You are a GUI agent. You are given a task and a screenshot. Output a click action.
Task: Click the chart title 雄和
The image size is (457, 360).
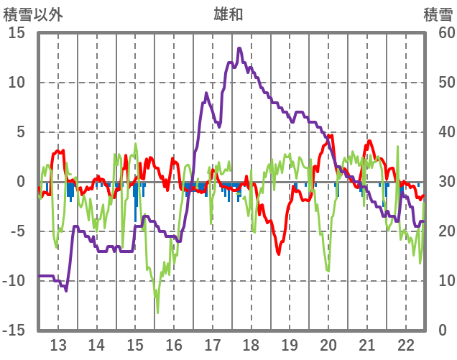(228, 13)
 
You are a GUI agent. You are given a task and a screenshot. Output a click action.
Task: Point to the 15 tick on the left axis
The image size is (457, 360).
(16, 33)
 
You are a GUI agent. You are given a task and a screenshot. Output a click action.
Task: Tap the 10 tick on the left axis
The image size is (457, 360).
(16, 83)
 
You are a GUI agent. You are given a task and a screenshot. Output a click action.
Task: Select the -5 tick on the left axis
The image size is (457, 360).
(16, 231)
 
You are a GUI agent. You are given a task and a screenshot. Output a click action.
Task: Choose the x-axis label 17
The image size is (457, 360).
(212, 343)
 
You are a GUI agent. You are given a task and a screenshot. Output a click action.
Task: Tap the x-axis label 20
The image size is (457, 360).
(328, 343)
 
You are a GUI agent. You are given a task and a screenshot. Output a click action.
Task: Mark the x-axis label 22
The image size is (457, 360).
(405, 343)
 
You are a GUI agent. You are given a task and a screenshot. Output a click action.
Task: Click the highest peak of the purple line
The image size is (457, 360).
(239, 48)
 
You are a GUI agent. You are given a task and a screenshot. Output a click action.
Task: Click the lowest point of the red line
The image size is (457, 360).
(278, 254)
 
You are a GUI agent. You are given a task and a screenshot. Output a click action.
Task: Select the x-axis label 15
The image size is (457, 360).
(135, 343)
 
